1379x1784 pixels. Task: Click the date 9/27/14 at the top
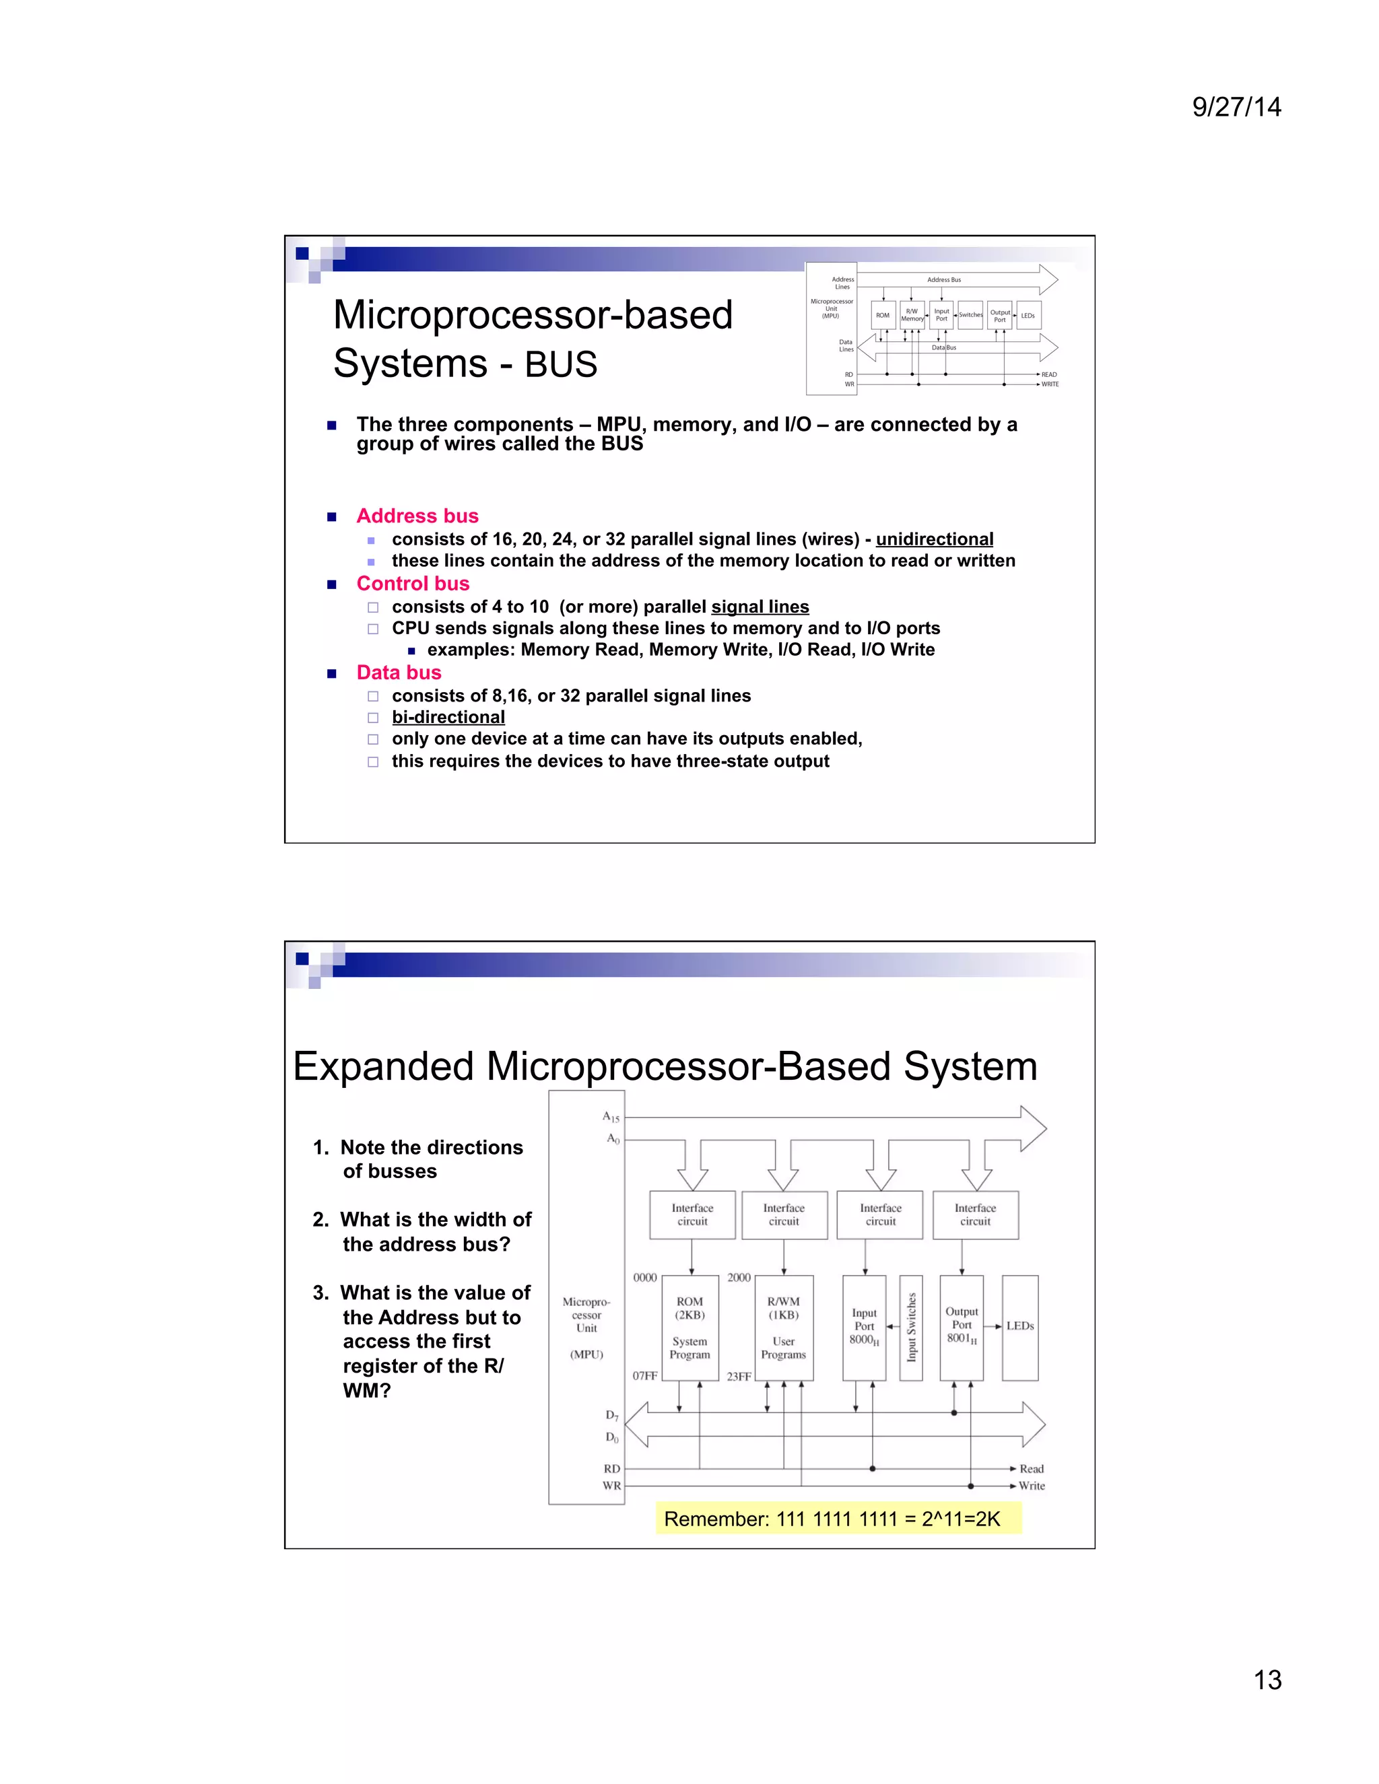pyautogui.click(x=1236, y=107)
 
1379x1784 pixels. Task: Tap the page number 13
pyautogui.click(x=1267, y=1680)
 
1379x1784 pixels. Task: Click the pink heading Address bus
pyautogui.click(x=417, y=516)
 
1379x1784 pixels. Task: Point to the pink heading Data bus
pyautogui.click(x=399, y=673)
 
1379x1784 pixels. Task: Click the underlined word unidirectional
pyautogui.click(x=934, y=539)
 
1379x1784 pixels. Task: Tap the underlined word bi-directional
pyautogui.click(x=448, y=717)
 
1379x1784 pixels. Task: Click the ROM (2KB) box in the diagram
pyautogui.click(x=689, y=1328)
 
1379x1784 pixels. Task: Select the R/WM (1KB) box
pyautogui.click(x=784, y=1328)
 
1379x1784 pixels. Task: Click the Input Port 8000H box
pyautogui.click(x=863, y=1328)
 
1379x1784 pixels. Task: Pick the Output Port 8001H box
pyautogui.click(x=962, y=1328)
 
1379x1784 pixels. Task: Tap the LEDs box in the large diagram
pyautogui.click(x=1019, y=1328)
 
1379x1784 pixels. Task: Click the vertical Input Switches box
pyautogui.click(x=911, y=1328)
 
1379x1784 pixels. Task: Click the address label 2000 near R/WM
pyautogui.click(x=739, y=1278)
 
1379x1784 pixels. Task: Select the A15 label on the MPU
pyautogui.click(x=610, y=1117)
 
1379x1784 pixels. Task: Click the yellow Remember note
pyautogui.click(x=838, y=1519)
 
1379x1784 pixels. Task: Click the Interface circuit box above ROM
pyautogui.click(x=692, y=1214)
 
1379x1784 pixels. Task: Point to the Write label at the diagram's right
pyautogui.click(x=1031, y=1486)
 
